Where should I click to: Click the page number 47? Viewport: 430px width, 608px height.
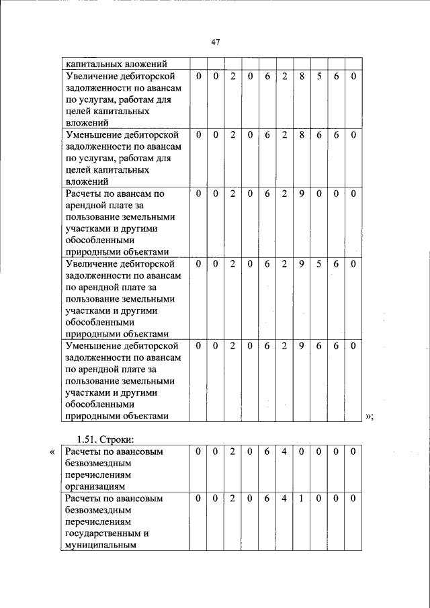click(216, 42)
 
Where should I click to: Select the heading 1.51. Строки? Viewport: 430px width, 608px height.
click(107, 439)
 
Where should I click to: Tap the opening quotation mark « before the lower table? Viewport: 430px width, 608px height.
click(53, 452)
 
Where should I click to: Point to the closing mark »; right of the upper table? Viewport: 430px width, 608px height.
click(369, 417)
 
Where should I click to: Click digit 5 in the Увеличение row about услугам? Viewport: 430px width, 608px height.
click(319, 77)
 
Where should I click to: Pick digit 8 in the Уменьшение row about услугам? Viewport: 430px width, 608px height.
click(302, 135)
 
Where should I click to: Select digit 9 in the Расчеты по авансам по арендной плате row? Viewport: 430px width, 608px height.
click(302, 193)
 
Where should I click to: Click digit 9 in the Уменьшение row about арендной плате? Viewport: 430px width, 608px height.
click(302, 345)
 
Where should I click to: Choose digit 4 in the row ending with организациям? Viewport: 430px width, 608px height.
click(284, 452)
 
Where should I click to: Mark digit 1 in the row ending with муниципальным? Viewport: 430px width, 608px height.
click(302, 499)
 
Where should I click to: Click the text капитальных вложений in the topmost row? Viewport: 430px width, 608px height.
click(116, 64)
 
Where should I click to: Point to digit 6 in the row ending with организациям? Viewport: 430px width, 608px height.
click(267, 452)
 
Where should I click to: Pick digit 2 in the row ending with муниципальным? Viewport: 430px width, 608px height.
click(232, 499)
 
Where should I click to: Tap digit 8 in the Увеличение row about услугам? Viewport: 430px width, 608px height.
click(302, 77)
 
